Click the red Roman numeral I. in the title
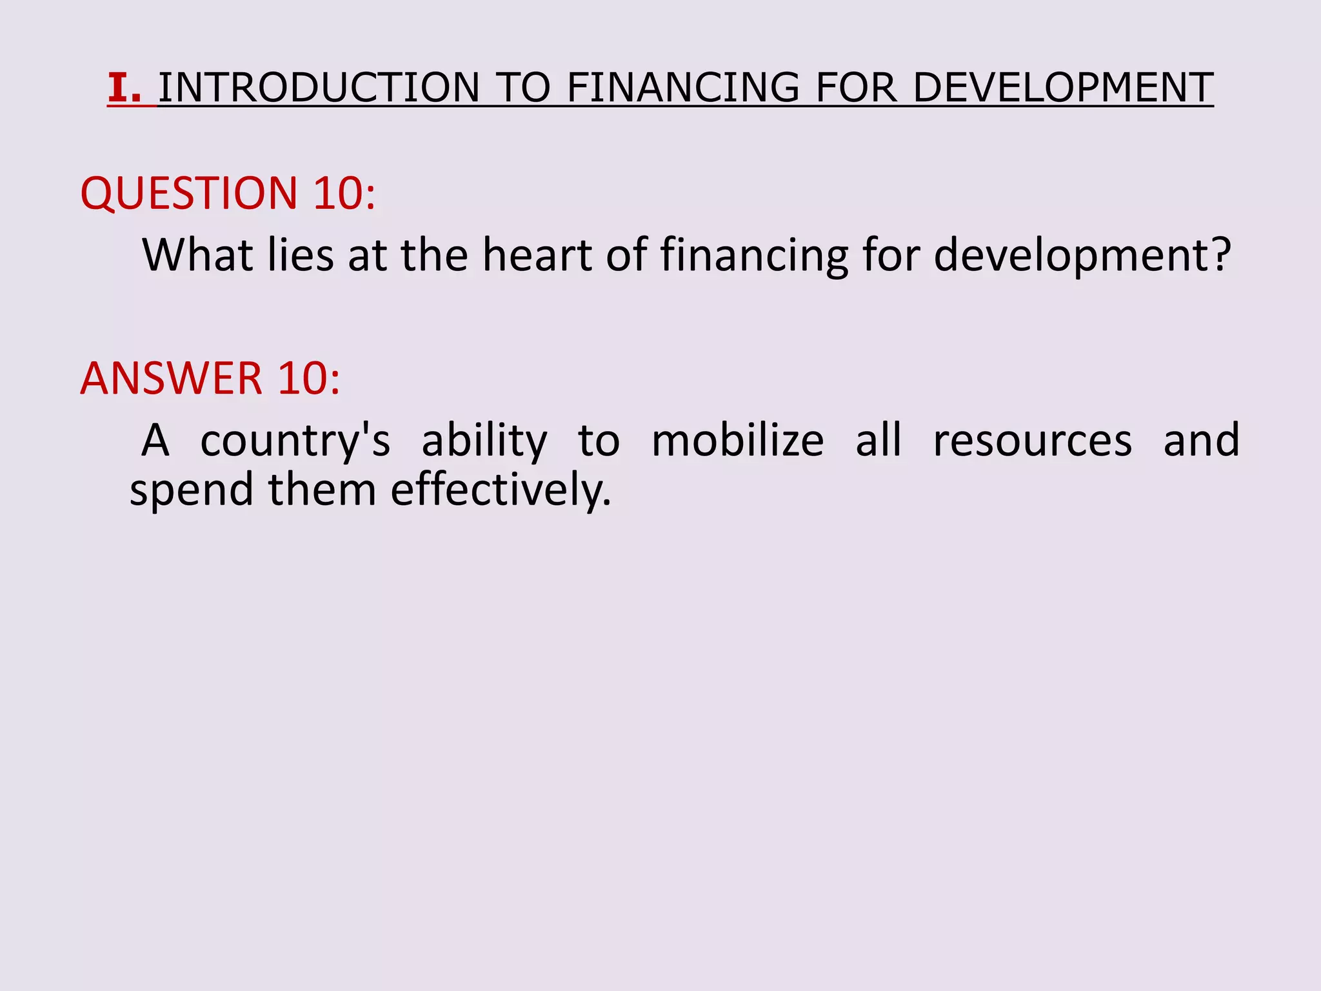point(124,88)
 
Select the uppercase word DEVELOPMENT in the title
point(1063,88)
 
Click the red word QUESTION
point(189,193)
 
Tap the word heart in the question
point(537,255)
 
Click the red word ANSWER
point(171,378)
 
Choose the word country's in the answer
point(295,441)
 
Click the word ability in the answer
point(484,441)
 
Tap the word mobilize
point(737,441)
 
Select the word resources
point(1032,441)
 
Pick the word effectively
point(501,490)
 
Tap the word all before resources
point(879,441)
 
